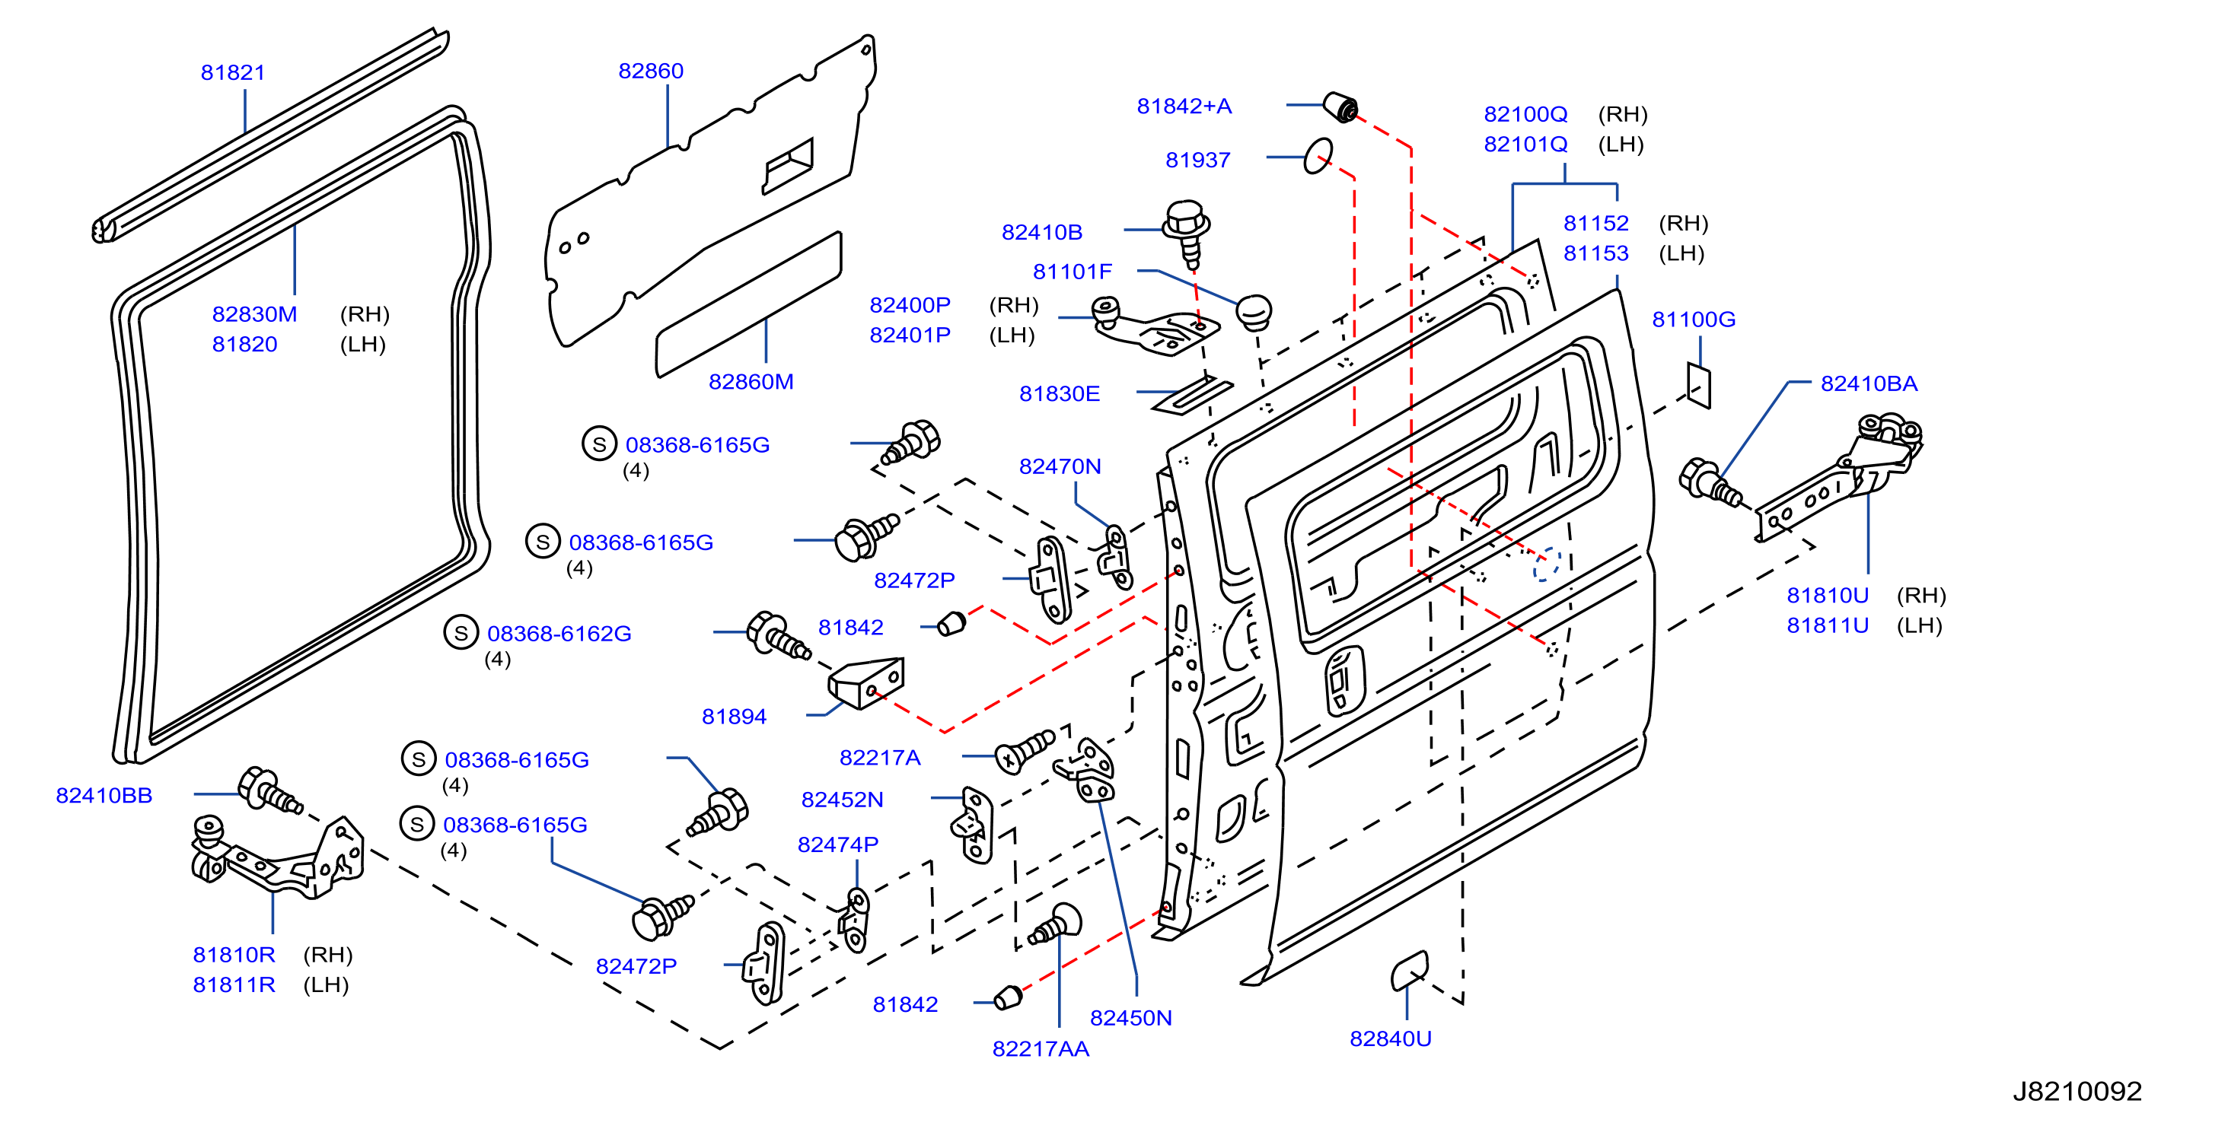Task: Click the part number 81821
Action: click(233, 72)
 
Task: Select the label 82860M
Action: click(751, 381)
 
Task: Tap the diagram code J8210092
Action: click(2077, 1091)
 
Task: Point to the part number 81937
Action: click(1197, 160)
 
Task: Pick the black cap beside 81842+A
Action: click(1341, 107)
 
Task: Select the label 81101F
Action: click(1072, 272)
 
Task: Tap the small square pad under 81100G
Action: click(1699, 385)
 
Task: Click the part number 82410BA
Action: click(1868, 384)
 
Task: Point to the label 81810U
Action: click(1827, 596)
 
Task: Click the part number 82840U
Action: click(1390, 1038)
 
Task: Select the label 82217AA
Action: click(1040, 1048)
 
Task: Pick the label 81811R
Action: click(234, 984)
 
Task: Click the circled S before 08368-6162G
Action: click(461, 633)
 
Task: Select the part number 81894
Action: click(734, 717)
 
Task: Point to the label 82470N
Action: click(1060, 467)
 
